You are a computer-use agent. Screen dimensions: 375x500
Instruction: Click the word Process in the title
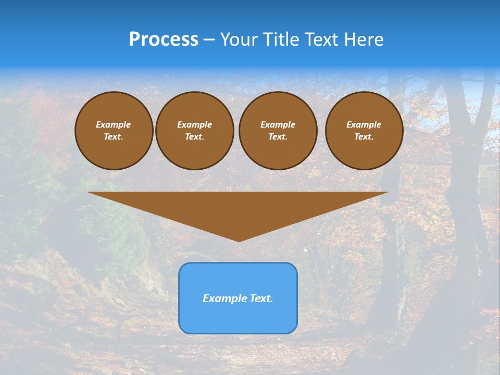click(164, 40)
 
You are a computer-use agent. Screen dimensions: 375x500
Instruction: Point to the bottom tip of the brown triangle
click(239, 240)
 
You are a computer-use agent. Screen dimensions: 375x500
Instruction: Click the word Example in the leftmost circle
click(114, 124)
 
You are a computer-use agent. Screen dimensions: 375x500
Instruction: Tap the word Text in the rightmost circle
click(364, 136)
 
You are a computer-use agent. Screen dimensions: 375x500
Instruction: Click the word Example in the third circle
click(278, 124)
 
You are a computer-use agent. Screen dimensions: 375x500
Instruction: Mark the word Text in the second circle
click(194, 136)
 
